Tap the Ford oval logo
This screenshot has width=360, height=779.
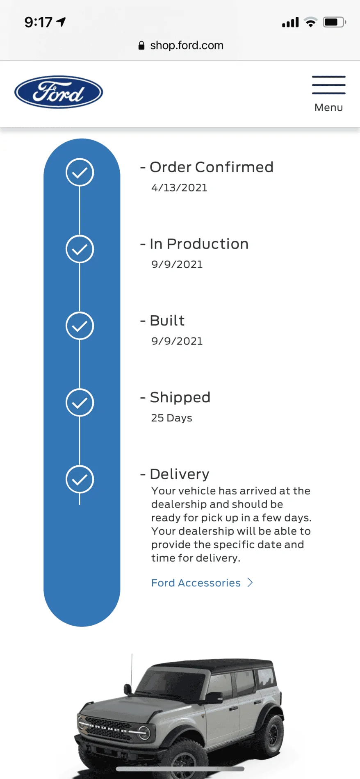(59, 92)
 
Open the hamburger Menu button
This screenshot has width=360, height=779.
(328, 94)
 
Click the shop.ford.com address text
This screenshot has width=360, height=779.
(187, 45)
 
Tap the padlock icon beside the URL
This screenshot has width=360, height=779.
(141, 45)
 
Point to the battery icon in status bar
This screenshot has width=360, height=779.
(335, 22)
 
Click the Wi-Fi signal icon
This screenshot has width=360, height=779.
(311, 22)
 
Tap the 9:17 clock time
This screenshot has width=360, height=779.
(38, 22)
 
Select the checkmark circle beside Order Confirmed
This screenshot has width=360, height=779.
(80, 172)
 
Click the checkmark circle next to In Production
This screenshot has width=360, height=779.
(80, 249)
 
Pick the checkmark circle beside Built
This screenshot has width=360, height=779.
(80, 326)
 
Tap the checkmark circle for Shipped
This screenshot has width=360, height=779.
(80, 403)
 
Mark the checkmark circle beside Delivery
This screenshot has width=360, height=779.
(80, 479)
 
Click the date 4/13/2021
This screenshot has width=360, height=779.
(179, 188)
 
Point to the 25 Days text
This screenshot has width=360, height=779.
(171, 418)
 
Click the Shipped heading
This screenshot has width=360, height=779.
(180, 397)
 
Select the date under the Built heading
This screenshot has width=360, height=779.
(177, 341)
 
